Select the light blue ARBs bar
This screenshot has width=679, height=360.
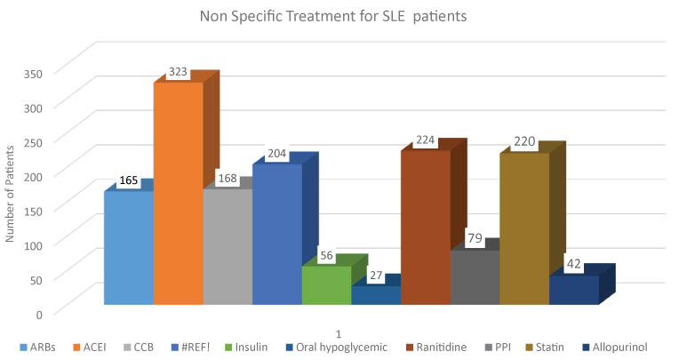coord(128,248)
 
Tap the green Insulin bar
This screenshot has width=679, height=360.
coord(326,285)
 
